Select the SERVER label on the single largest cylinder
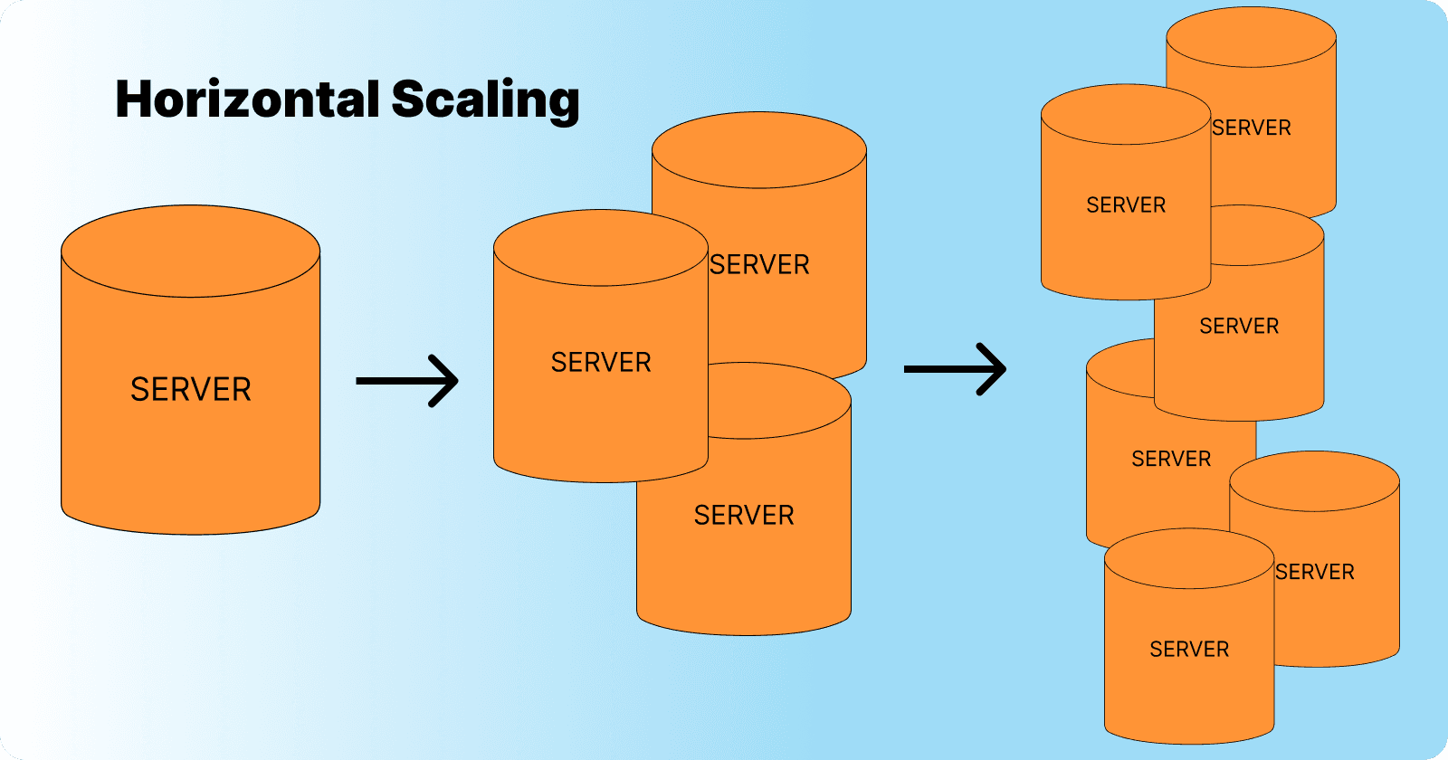coord(191,389)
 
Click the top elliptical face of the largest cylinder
coord(191,251)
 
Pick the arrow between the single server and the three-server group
coord(406,381)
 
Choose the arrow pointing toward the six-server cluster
coord(955,369)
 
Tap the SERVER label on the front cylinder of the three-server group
coord(601,362)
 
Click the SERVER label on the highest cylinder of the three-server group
coord(759,264)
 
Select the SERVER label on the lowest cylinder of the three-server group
coord(744,515)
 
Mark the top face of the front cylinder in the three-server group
coord(601,248)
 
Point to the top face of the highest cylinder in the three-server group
coord(759,150)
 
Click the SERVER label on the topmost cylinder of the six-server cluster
coord(1252,128)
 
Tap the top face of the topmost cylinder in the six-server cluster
coord(1252,38)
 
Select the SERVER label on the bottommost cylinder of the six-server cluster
coord(1189,649)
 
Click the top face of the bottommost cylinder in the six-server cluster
coord(1189,558)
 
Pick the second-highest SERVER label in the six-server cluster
coord(1126,205)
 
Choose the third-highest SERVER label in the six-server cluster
coord(1239,326)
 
